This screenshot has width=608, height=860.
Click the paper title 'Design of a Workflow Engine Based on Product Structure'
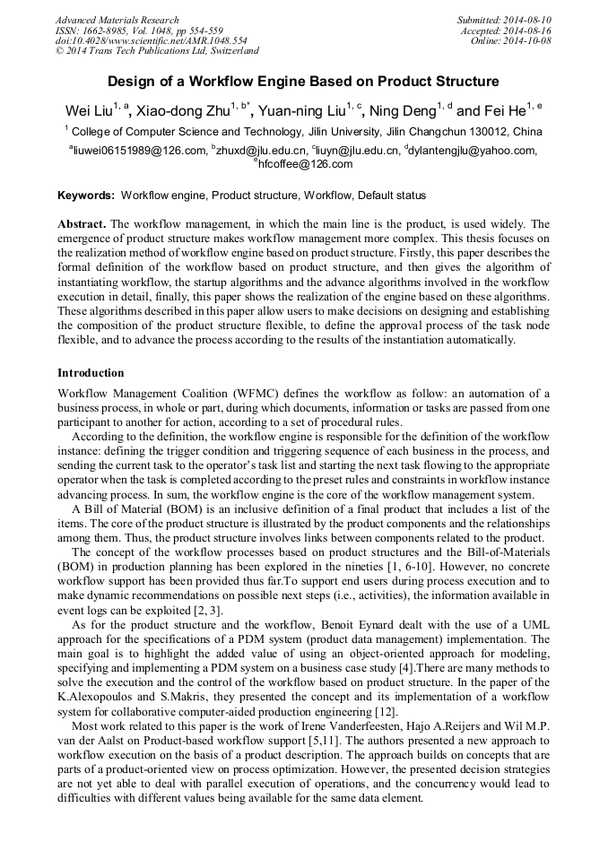[303, 82]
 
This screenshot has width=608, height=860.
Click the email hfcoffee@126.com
[305, 164]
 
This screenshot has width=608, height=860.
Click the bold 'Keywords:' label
[86, 195]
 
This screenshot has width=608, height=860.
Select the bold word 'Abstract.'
[82, 223]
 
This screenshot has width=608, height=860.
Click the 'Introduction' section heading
[91, 372]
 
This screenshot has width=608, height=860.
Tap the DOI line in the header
[151, 41]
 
